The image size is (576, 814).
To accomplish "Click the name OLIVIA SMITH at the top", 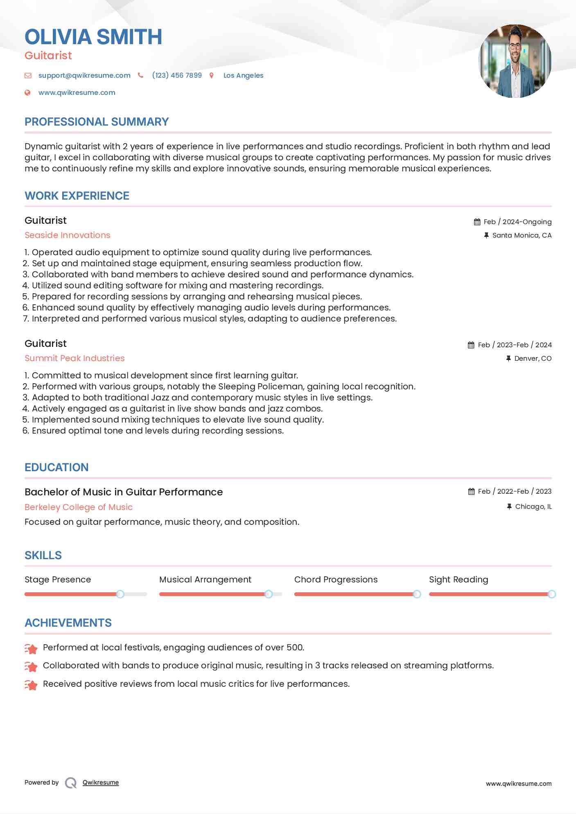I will tap(93, 37).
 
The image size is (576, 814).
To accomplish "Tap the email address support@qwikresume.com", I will tap(84, 75).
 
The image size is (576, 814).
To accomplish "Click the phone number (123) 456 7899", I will tap(177, 75).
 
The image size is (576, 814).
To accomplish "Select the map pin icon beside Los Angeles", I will tap(212, 75).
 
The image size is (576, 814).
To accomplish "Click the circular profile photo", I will tap(515, 61).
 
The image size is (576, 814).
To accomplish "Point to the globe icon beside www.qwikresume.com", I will tap(27, 93).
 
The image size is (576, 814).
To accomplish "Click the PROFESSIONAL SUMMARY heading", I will tap(97, 122).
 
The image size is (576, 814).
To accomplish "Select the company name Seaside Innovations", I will tap(68, 235).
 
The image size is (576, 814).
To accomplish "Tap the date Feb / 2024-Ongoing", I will tap(517, 222).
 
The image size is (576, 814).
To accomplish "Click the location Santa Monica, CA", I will tap(522, 235).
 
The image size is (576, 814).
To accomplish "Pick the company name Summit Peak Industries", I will tap(75, 358).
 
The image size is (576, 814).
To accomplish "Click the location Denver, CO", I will tap(533, 358).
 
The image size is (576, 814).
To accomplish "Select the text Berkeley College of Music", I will tap(79, 507).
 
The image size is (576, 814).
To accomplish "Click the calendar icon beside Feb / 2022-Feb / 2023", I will tap(471, 492).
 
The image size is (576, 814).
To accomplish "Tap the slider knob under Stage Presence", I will tap(120, 594).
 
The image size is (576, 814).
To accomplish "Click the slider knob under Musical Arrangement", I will tap(269, 594).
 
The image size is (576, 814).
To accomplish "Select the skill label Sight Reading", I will tap(459, 580).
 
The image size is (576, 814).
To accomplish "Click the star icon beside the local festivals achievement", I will tap(31, 648).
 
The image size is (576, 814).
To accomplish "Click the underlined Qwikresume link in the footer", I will tap(101, 783).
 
